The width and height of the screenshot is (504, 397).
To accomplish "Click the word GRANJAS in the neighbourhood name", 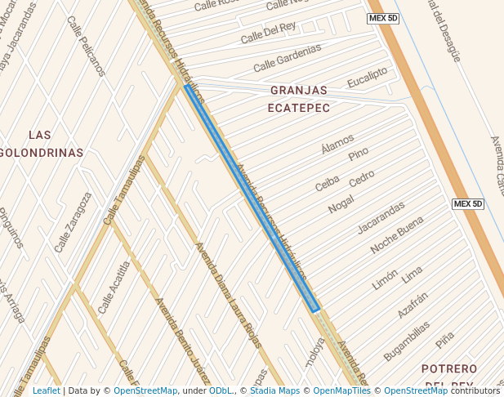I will pos(298,90).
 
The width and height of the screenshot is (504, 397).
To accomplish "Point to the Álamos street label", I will pos(337,143).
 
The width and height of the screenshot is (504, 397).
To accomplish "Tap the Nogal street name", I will pos(341,204).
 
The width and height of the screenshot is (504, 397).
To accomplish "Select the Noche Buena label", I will pos(397,235).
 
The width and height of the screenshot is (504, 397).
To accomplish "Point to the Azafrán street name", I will pos(413,305).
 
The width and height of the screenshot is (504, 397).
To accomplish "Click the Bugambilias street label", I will pos(406,340).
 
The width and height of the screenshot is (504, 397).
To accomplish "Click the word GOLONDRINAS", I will pos(42,153).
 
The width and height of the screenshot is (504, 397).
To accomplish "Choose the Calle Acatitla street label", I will pos(114,287).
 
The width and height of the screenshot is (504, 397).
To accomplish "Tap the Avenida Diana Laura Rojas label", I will pos(227,294).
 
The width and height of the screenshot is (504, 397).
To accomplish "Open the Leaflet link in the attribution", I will pos(46,391).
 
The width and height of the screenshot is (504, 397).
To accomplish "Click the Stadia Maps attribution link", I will pos(273,391).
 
